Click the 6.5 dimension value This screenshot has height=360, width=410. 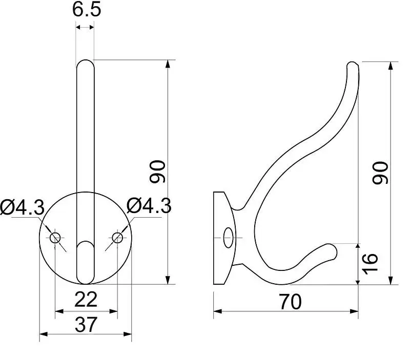point(87,10)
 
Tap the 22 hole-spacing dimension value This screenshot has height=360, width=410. point(86,300)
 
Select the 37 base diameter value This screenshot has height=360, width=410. point(86,325)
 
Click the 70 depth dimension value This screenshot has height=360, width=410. point(290,302)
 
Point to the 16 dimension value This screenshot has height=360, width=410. point(370,264)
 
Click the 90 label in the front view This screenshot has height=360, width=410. point(157,172)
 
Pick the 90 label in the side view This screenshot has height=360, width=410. point(380,173)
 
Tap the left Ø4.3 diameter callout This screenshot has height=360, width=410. point(22,207)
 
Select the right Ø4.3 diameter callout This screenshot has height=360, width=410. point(149,205)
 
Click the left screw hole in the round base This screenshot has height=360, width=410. point(55,238)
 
